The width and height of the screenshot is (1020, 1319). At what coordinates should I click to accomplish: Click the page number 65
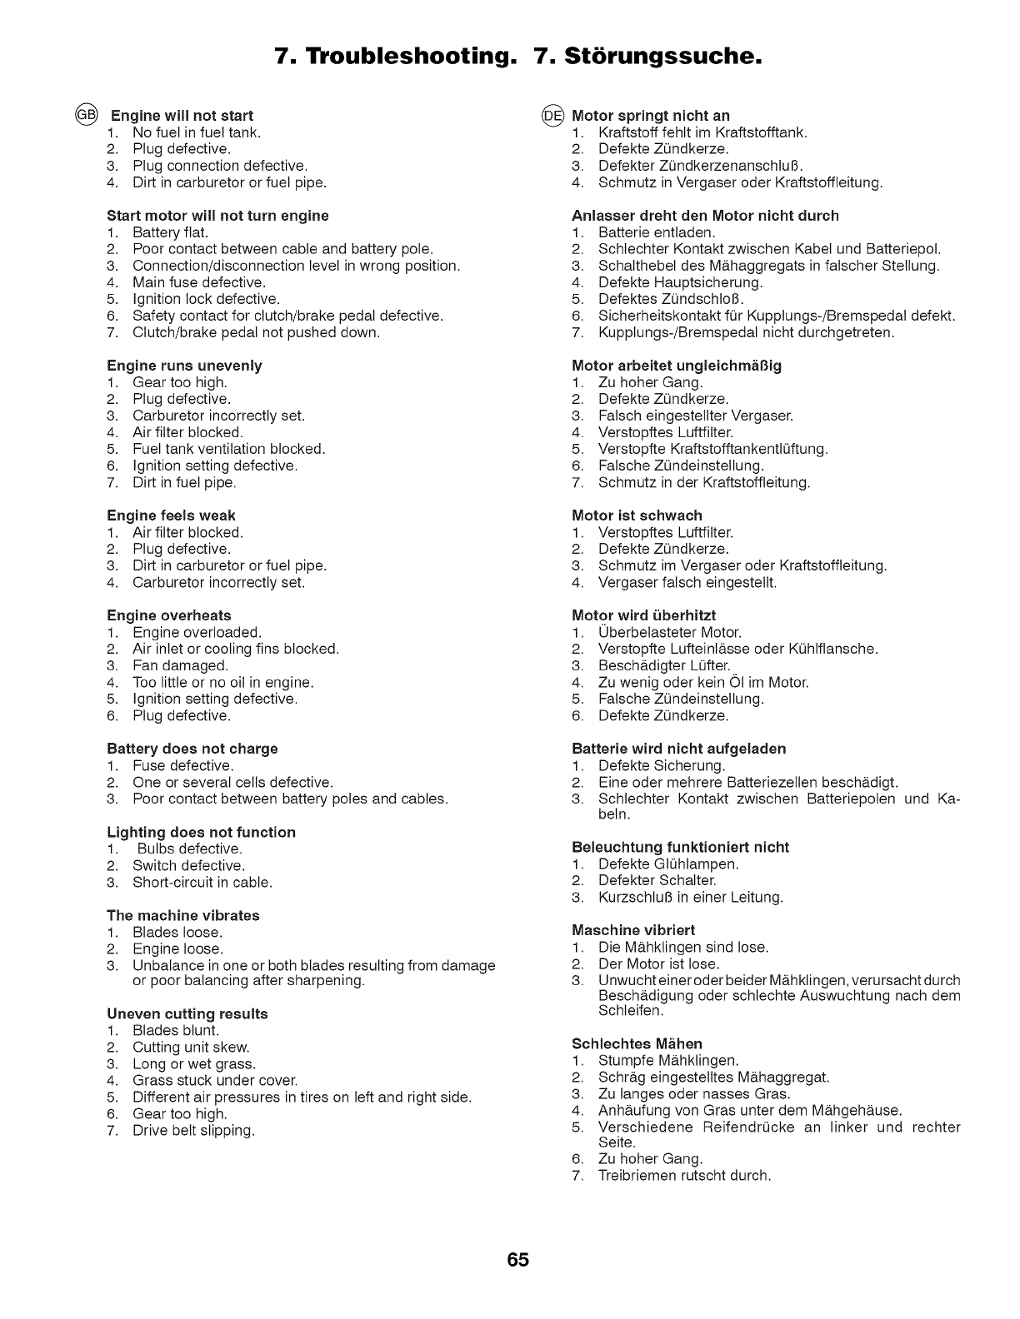pyautogui.click(x=517, y=1259)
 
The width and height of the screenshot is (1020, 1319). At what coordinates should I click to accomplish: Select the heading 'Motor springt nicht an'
pyautogui.click(x=651, y=116)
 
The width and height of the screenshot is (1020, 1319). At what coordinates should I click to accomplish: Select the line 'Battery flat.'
pyautogui.click(x=171, y=232)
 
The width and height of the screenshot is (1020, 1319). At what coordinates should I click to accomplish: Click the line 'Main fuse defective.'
pyautogui.click(x=199, y=282)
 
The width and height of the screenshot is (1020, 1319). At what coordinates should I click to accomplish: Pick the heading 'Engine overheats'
pyautogui.click(x=169, y=615)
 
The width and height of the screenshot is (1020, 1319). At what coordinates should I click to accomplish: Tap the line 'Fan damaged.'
pyautogui.click(x=180, y=665)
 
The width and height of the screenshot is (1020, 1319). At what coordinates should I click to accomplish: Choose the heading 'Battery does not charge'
pyautogui.click(x=192, y=749)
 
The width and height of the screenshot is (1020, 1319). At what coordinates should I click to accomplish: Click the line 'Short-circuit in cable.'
pyautogui.click(x=202, y=882)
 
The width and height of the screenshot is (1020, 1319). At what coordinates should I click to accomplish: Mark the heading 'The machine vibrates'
pyautogui.click(x=183, y=915)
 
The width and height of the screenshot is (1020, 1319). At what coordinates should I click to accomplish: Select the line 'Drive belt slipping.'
pyautogui.click(x=193, y=1130)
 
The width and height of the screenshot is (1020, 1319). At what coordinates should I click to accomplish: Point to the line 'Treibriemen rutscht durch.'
pyautogui.click(x=685, y=1175)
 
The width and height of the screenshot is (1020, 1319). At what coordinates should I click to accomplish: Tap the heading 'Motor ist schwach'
pyautogui.click(x=637, y=515)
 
